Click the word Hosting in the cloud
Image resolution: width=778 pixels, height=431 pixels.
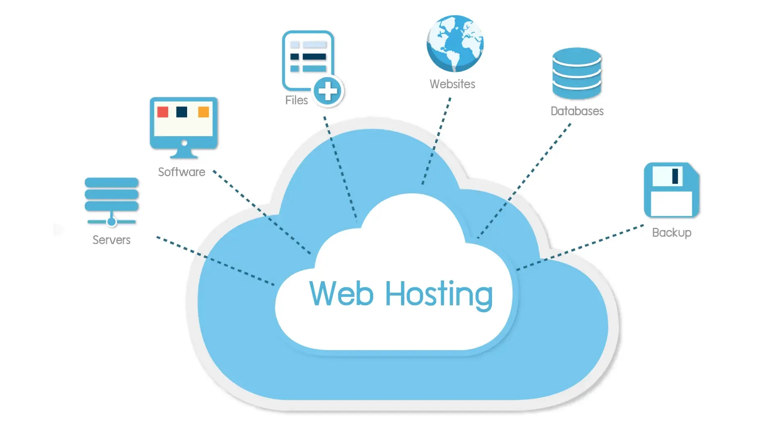pos(439,295)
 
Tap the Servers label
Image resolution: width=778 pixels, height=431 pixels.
pos(111,240)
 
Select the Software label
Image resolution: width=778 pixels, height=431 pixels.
pos(181,172)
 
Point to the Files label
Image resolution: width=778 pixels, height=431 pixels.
pos(296,100)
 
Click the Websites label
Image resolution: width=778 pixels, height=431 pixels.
pos(452,84)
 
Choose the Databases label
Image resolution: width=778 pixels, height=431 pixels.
pos(577,111)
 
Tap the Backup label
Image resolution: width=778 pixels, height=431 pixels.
pos(672,233)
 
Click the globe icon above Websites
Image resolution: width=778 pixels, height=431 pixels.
pos(455,44)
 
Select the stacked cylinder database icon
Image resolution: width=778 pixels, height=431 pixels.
pos(577,73)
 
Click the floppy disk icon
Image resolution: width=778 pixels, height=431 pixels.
pos(671,190)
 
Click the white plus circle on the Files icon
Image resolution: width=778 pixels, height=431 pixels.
pos(328,91)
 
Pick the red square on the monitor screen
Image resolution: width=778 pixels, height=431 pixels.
pos(162,112)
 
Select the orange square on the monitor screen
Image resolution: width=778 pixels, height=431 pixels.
pos(204,112)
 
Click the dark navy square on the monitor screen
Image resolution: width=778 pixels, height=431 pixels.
pos(181,112)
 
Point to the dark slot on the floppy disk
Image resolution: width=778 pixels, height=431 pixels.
pos(675,176)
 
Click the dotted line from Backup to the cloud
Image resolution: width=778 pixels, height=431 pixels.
pos(580,247)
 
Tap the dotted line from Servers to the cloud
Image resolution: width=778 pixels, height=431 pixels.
pos(215,261)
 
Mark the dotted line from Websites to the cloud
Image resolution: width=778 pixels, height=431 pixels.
pos(436,141)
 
